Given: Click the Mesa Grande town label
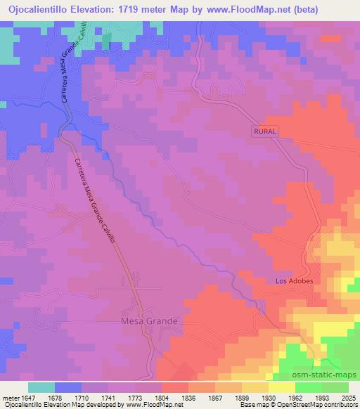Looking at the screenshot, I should (146, 320).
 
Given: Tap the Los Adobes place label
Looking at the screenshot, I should (294, 281).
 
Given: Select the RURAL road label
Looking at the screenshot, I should (265, 131).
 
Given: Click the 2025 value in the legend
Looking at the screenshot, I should (349, 397).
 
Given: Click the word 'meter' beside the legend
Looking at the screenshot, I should (9, 397).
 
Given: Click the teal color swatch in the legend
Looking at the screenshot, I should (41, 387).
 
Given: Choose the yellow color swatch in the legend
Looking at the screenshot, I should (281, 387).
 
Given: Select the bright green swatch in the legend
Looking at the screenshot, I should (308, 387).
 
